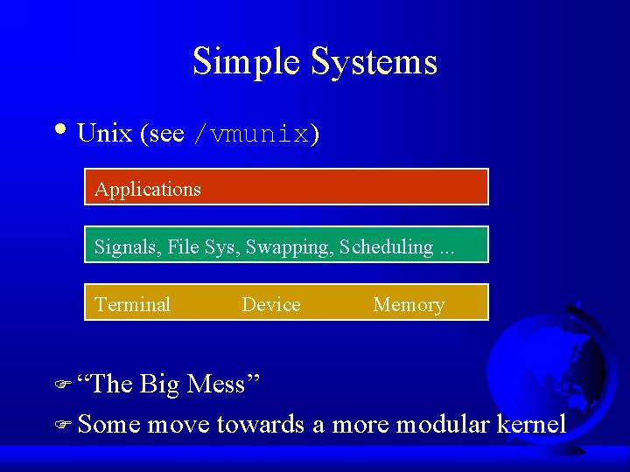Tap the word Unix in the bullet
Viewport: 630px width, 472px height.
point(104,134)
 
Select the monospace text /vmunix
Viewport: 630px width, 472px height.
point(251,135)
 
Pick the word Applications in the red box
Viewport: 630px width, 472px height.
point(148,189)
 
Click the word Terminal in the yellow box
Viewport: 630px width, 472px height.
point(132,305)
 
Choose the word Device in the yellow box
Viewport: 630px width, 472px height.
point(270,305)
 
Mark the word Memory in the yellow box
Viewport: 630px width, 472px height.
point(409,305)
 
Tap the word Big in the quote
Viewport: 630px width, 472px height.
point(159,384)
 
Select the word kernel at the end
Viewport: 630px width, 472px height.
point(531,425)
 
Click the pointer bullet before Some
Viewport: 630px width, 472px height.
point(66,426)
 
